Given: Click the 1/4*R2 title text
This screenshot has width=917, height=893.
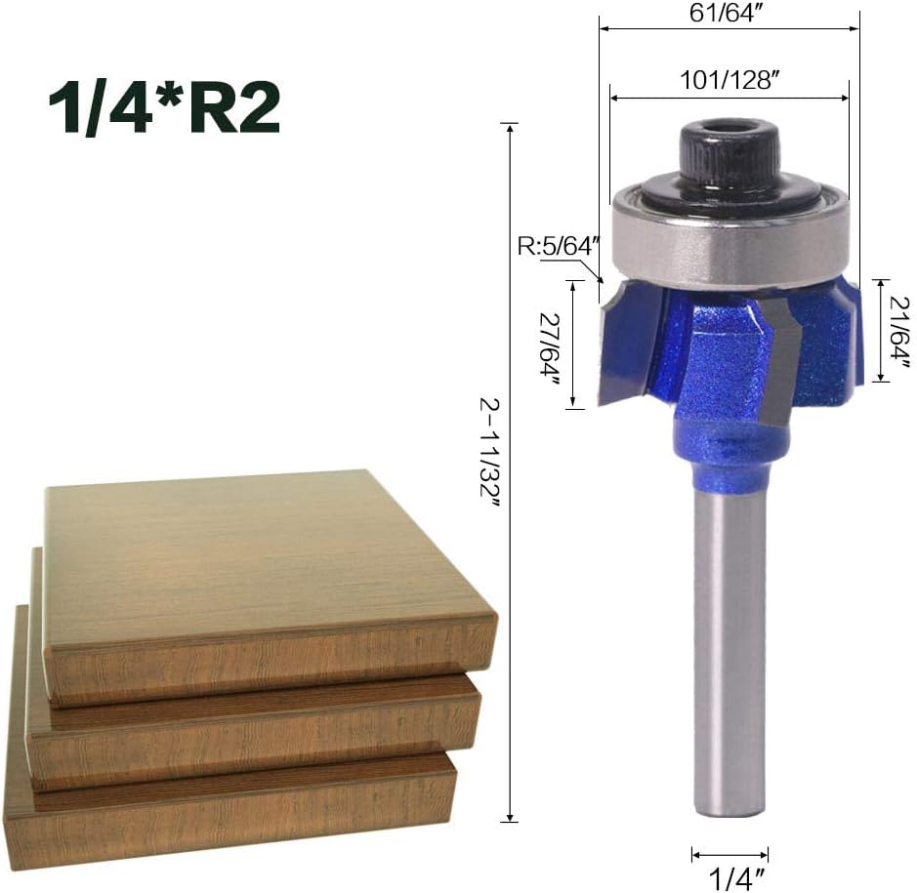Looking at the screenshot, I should point(164,107).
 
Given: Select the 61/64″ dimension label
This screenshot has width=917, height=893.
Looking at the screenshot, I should point(728,14).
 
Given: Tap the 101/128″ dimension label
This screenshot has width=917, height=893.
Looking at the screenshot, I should point(728,80).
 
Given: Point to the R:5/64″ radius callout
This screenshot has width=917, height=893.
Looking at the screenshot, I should point(555,246).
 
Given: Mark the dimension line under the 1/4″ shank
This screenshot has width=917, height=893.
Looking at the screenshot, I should point(729,853).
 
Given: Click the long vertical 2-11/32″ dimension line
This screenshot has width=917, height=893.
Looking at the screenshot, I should point(510,586).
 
